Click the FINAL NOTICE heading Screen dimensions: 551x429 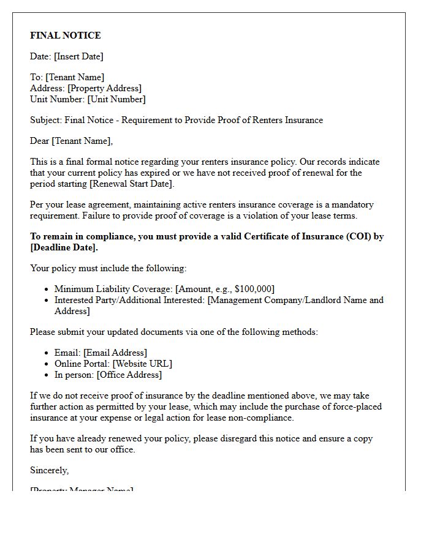(66, 36)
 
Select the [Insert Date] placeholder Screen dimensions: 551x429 (78, 56)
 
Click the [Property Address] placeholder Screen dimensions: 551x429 (104, 88)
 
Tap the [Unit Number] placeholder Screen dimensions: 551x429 (116, 99)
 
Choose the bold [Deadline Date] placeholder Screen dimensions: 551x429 (64, 247)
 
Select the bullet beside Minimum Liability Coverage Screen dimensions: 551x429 (47, 289)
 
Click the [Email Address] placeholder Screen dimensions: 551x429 (115, 353)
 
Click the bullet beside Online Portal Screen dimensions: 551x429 (47, 364)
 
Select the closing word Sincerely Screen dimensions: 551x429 (49, 470)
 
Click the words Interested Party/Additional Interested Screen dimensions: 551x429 (129, 300)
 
